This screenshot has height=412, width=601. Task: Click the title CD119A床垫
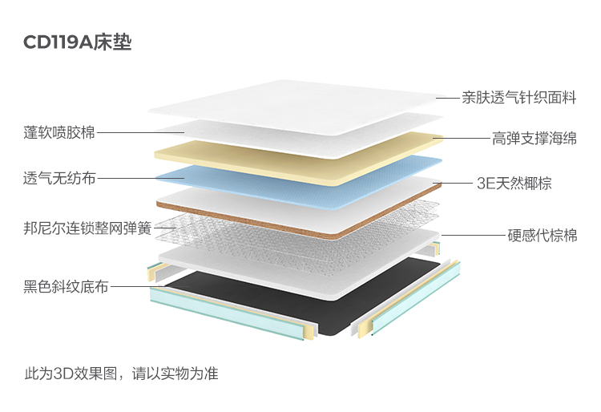pyautogui.click(x=78, y=42)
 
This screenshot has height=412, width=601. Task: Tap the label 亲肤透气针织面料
pyautogui.click(x=519, y=98)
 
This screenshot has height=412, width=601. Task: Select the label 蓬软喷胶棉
pyautogui.click(x=59, y=132)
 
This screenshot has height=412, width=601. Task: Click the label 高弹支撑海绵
pyautogui.click(x=534, y=139)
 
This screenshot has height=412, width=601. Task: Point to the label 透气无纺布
pyautogui.click(x=59, y=178)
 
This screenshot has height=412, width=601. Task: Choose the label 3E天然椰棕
pyautogui.click(x=514, y=184)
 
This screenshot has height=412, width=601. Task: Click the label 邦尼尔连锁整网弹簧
pyautogui.click(x=87, y=228)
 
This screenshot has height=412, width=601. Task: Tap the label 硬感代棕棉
pyautogui.click(x=543, y=236)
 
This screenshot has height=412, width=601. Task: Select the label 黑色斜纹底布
pyautogui.click(x=66, y=286)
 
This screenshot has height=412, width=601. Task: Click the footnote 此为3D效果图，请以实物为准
pyautogui.click(x=122, y=374)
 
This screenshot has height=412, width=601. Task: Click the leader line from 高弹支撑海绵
pyautogui.click(x=461, y=139)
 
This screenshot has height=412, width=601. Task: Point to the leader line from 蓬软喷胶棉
pyautogui.click(x=141, y=132)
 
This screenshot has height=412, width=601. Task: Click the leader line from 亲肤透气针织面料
pyautogui.click(x=448, y=98)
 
